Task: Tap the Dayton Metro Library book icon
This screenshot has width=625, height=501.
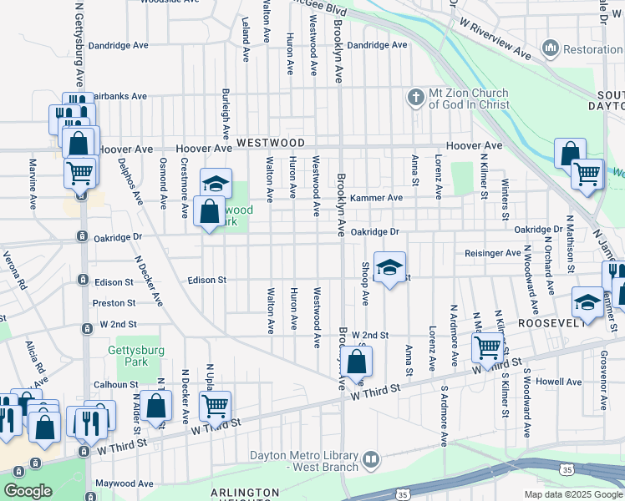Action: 371,459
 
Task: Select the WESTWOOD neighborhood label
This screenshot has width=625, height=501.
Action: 269,144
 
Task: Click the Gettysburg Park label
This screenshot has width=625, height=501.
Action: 127,356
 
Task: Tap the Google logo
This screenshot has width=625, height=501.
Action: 28,491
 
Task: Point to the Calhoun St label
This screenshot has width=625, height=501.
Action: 115,385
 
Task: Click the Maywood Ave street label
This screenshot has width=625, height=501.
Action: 124,483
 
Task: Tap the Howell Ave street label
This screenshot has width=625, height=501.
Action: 559,381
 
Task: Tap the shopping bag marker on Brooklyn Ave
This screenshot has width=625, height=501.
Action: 357,362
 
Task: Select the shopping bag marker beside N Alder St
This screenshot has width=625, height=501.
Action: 156,407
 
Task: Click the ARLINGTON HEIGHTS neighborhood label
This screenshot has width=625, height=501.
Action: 245,493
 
